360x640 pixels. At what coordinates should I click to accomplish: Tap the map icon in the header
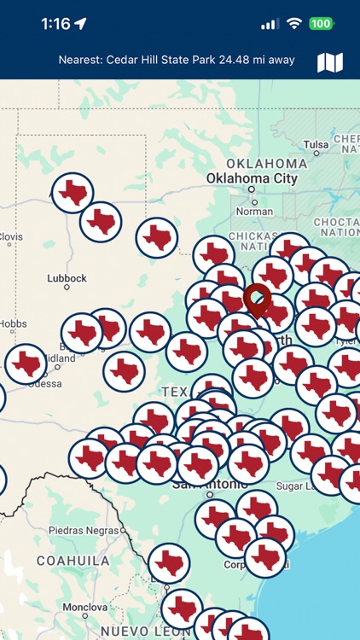pyautogui.click(x=330, y=61)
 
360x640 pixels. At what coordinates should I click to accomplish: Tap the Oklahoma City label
pyautogui.click(x=252, y=179)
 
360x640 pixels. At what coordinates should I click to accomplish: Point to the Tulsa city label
pyautogui.click(x=316, y=144)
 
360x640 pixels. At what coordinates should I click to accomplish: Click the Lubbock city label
pyautogui.click(x=67, y=278)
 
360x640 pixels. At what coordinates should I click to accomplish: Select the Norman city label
pyautogui.click(x=254, y=211)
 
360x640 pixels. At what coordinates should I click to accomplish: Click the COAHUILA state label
pyautogui.click(x=73, y=561)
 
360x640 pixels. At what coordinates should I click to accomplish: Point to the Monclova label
pyautogui.click(x=84, y=607)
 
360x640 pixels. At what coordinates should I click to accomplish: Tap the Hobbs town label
pyautogui.click(x=13, y=324)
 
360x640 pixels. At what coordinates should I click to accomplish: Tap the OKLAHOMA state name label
pyautogui.click(x=266, y=163)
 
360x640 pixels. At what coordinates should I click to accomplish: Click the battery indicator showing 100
pyautogui.click(x=322, y=24)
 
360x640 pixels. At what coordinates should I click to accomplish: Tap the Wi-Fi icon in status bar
pyautogui.click(x=294, y=24)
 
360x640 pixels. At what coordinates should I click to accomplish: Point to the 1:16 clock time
pyautogui.click(x=55, y=24)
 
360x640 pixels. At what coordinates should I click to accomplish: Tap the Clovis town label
pyautogui.click(x=10, y=237)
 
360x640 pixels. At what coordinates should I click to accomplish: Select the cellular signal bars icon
pyautogui.click(x=270, y=24)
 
